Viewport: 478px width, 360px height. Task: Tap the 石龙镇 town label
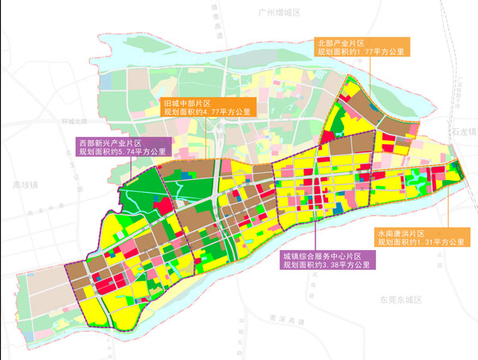tap(463, 128)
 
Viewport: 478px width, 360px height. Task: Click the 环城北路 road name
tap(71, 121)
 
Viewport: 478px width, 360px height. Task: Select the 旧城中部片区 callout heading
tap(186, 103)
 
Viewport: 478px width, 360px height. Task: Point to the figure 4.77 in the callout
tap(211, 113)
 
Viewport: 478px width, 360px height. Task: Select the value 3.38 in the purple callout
tap(340, 265)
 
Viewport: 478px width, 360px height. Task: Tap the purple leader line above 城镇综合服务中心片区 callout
tap(315, 223)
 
